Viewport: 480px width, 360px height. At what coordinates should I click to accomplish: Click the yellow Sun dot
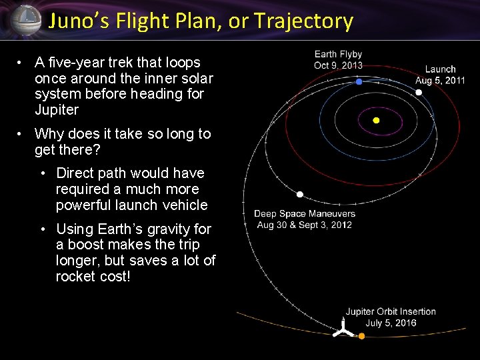[x=376, y=121]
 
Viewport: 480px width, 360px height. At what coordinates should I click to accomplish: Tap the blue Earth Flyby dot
[x=359, y=81]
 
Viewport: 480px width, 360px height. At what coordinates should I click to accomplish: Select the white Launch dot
[x=419, y=93]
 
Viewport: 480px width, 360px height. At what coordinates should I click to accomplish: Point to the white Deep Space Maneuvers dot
[x=300, y=195]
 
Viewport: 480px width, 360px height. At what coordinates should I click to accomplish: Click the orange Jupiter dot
[x=362, y=336]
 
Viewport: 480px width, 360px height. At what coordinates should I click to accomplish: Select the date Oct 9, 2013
[x=338, y=65]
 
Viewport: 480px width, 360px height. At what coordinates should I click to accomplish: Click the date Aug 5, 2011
[x=440, y=80]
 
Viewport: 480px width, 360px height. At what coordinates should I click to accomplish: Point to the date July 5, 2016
[x=391, y=323]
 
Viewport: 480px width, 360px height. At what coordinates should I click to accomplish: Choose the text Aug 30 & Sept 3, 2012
[x=305, y=225]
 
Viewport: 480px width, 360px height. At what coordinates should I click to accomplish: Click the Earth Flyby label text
[x=338, y=55]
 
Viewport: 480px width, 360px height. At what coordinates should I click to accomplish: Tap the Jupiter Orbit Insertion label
[x=390, y=311]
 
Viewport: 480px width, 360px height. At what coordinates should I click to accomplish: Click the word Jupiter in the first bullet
[x=57, y=110]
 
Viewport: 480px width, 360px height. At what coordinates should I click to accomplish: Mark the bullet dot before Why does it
[x=21, y=134]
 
